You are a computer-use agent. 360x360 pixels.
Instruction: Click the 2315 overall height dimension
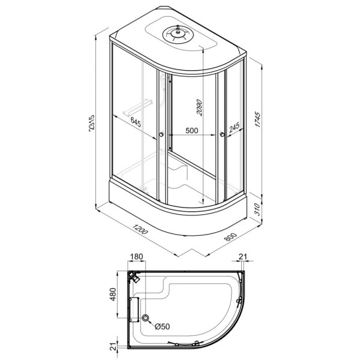[92, 123]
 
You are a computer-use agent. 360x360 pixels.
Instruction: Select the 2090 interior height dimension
[199, 107]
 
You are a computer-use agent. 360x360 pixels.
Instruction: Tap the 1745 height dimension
[257, 119]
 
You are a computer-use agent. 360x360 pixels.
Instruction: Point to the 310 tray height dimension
[257, 209]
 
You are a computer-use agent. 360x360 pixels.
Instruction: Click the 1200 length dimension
[140, 229]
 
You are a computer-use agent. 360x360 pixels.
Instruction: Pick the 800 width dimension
[230, 237]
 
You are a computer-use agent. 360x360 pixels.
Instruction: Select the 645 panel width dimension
[136, 122]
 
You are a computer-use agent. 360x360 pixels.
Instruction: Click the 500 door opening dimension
[192, 130]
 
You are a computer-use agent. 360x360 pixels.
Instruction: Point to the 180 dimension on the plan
[136, 256]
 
